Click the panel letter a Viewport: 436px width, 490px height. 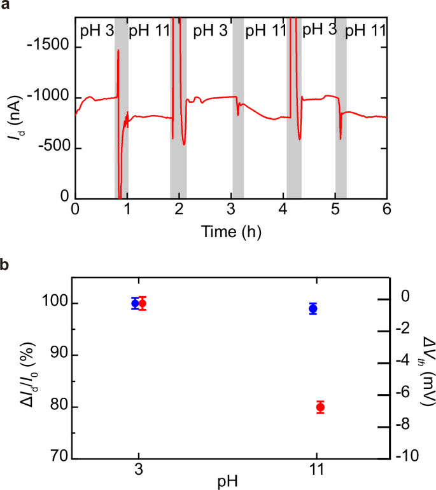pos(5,8)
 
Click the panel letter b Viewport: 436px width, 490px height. pos(5,264)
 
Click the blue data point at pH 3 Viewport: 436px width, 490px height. pos(135,303)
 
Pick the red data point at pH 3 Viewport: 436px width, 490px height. pos(142,303)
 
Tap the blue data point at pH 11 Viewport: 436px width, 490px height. pos(313,309)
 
